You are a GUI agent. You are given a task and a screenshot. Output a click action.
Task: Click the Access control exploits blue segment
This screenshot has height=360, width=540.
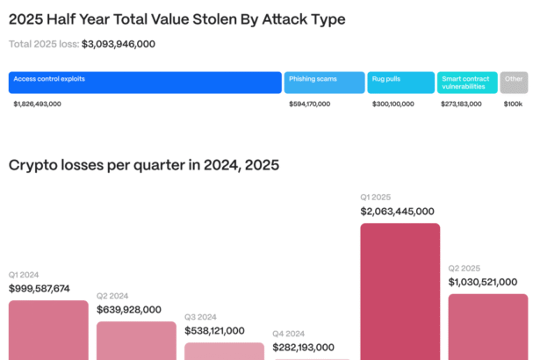(145, 83)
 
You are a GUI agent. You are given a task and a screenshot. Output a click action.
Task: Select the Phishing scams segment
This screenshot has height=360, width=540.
(324, 83)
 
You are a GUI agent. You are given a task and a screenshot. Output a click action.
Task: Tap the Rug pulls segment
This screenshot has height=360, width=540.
(401, 83)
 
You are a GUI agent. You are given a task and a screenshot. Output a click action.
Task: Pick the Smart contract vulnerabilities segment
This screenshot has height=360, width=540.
(468, 83)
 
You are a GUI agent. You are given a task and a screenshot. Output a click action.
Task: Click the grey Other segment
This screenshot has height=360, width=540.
(515, 83)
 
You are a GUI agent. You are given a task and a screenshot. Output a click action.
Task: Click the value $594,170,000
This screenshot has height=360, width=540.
(310, 104)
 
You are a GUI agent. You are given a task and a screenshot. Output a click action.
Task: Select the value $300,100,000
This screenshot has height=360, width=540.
(392, 104)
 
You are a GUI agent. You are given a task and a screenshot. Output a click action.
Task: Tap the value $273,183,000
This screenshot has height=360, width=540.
(461, 104)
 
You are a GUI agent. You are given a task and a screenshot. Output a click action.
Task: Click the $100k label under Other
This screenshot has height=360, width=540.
(513, 104)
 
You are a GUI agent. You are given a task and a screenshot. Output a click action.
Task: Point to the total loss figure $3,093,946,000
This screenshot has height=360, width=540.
(119, 43)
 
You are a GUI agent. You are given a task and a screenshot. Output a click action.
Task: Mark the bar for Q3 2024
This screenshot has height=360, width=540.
(224, 350)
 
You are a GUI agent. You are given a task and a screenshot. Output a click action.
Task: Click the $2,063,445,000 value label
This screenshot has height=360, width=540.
(398, 212)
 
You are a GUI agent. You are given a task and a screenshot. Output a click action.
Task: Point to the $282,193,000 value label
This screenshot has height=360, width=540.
(310, 348)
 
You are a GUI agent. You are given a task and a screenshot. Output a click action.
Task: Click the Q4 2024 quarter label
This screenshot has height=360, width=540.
(289, 334)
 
